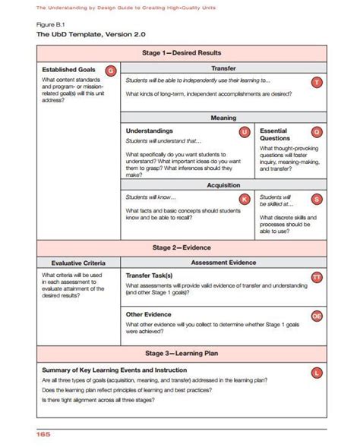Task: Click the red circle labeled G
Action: (x=110, y=70)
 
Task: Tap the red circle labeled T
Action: (x=317, y=82)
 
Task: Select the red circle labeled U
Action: (x=244, y=132)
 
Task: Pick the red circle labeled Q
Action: (x=317, y=132)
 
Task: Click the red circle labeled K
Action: (x=244, y=199)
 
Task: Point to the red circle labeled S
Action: (x=317, y=199)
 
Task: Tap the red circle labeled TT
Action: (x=317, y=278)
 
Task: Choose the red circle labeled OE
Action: (x=317, y=315)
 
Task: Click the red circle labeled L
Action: (x=317, y=372)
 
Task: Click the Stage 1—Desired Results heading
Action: (x=182, y=53)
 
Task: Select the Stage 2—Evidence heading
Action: (x=182, y=247)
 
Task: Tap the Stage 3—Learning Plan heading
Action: (x=182, y=353)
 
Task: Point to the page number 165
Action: (x=42, y=434)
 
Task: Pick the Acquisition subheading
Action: (x=223, y=184)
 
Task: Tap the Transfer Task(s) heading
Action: (x=149, y=275)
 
